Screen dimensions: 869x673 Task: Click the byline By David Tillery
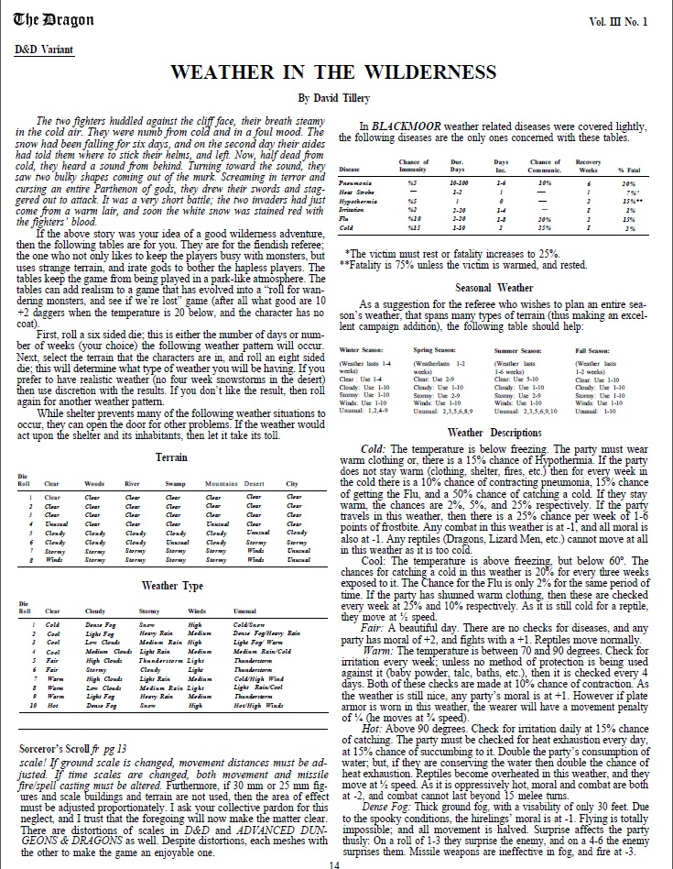coord(336,96)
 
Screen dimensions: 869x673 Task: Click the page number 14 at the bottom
coord(335,862)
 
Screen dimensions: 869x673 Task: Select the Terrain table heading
coord(172,456)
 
